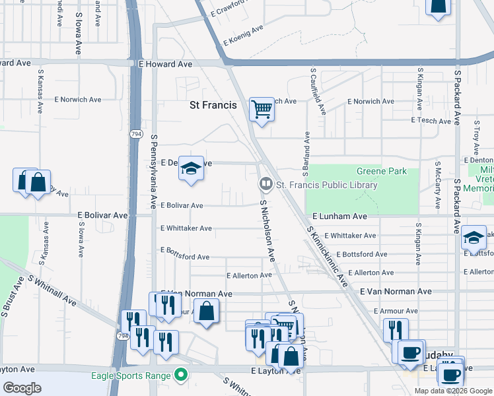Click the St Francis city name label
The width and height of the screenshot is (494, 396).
coord(213,105)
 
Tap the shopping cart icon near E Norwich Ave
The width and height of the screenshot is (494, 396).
coord(262,110)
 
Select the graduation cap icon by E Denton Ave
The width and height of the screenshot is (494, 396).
coord(190,169)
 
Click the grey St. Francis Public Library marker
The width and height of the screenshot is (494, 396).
coord(265,183)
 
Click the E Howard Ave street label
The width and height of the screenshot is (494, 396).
coord(165,64)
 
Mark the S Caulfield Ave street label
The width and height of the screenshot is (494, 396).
coord(314,90)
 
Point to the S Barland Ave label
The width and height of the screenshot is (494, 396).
coord(306,154)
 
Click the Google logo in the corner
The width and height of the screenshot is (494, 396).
coord(22,387)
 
